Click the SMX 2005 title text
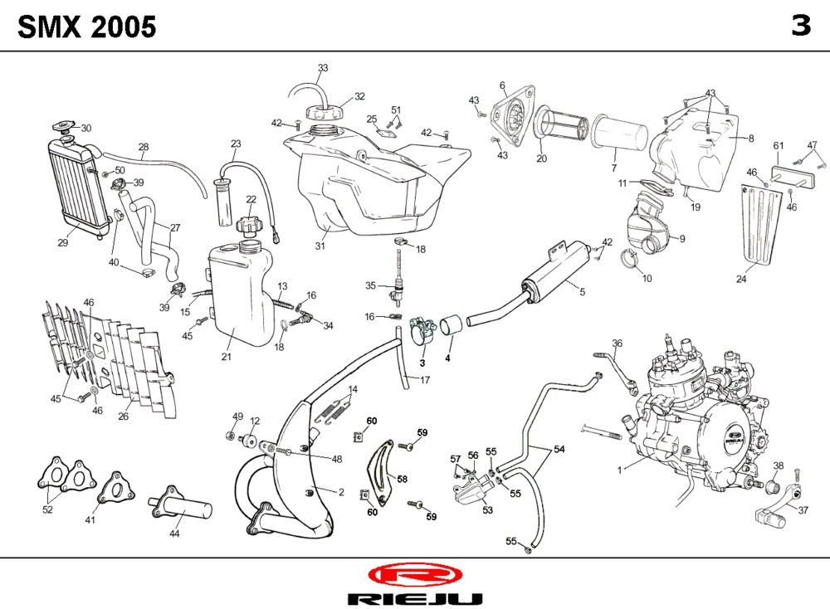(x=87, y=27)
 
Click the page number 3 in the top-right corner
(x=800, y=27)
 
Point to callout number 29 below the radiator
(x=62, y=243)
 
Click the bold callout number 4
(x=447, y=358)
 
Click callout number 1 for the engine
(x=619, y=470)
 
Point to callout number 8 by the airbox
(x=751, y=139)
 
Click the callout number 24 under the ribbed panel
(x=741, y=280)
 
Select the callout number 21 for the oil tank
(x=226, y=357)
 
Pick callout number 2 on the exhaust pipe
(x=341, y=492)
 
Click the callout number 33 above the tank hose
(x=323, y=67)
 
